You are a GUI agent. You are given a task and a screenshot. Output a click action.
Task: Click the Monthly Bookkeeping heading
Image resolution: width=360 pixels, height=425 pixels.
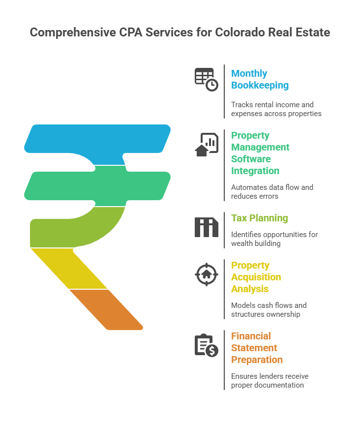pyautogui.click(x=260, y=79)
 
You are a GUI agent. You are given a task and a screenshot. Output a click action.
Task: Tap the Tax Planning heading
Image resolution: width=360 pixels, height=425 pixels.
pyautogui.click(x=260, y=218)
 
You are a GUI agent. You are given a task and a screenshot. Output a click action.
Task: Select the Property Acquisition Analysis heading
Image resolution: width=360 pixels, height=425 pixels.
pyautogui.click(x=256, y=277)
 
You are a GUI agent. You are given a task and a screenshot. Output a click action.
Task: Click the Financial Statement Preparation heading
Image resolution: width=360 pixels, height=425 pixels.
pyautogui.click(x=257, y=348)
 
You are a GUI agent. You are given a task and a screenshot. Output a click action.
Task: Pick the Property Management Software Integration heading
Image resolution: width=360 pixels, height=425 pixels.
pyautogui.click(x=260, y=153)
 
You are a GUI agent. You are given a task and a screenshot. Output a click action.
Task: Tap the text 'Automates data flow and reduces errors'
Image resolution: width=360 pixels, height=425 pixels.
pyautogui.click(x=272, y=192)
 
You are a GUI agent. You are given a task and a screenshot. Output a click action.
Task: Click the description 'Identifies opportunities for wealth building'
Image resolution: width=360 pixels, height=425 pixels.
pyautogui.click(x=274, y=239)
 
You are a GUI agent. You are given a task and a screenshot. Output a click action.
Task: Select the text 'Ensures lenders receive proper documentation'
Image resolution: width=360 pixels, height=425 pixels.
pyautogui.click(x=270, y=381)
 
